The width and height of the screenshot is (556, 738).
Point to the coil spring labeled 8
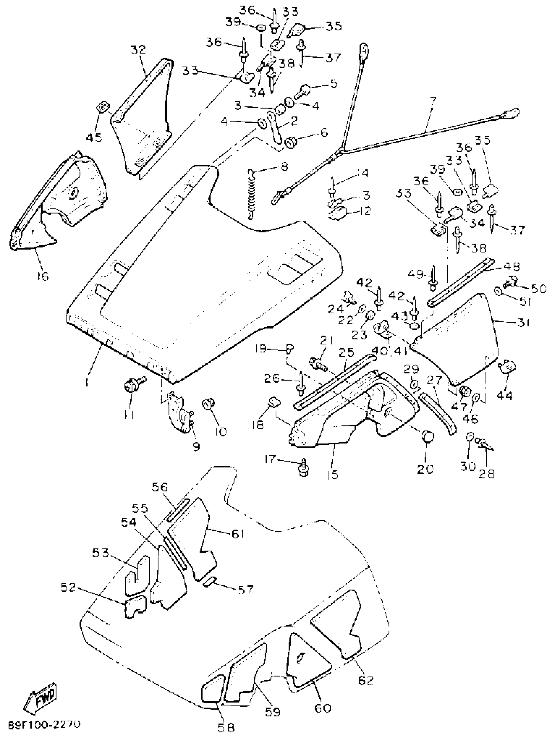(252, 195)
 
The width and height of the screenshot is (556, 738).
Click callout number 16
(43, 276)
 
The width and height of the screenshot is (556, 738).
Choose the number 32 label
(138, 50)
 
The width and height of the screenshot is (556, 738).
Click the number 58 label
(226, 728)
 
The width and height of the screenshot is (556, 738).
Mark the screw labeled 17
(304, 468)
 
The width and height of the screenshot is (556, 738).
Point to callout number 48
(512, 266)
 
